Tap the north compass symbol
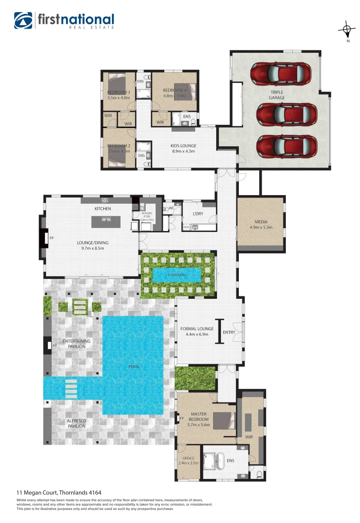click(x=347, y=30)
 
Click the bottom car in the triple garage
click(x=283, y=145)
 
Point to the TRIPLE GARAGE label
click(x=278, y=95)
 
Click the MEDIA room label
click(x=261, y=222)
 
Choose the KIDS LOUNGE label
click(x=183, y=146)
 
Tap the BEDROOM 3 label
click(x=118, y=92)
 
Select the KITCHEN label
click(x=103, y=209)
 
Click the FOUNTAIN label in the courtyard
click(x=177, y=275)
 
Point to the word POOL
click(x=134, y=367)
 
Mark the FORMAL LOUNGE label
click(x=197, y=329)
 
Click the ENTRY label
click(x=229, y=332)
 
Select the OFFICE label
click(x=188, y=458)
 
